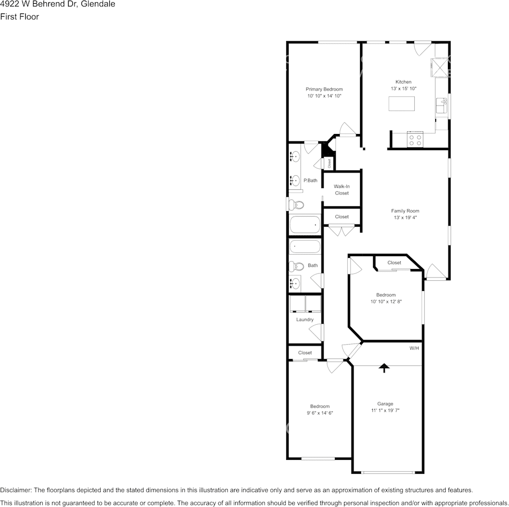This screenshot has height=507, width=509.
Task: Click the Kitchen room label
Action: (403, 82)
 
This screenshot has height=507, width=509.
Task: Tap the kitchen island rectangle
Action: (401, 103)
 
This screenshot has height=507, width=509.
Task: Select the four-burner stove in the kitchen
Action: (415, 140)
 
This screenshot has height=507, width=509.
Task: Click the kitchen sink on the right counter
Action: (441, 106)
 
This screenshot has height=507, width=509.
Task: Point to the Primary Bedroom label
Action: (324, 89)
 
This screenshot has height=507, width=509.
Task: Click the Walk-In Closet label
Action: (342, 190)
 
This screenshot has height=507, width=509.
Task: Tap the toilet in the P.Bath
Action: (296, 205)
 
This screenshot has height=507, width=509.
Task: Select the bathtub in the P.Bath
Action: (305, 225)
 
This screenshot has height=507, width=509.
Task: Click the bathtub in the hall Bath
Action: (305, 247)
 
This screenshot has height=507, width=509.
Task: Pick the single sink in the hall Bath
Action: (295, 284)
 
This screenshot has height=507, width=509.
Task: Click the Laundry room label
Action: (305, 319)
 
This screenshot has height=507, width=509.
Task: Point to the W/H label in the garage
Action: (414, 348)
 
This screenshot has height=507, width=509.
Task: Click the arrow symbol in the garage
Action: (384, 368)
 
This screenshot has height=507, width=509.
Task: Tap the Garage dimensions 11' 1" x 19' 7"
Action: (385, 411)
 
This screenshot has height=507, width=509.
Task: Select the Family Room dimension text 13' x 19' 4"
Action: (405, 218)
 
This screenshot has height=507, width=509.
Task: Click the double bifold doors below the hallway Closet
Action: (341, 230)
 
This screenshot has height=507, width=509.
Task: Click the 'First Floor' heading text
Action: (19, 17)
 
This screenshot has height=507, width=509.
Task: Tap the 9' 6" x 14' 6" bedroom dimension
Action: (320, 413)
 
